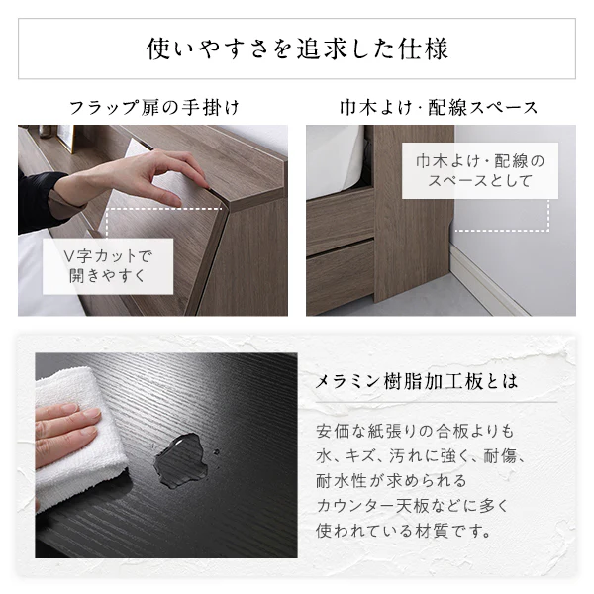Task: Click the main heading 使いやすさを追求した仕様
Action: point(297,49)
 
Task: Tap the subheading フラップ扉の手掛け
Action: point(153,107)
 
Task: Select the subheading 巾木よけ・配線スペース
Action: point(439,107)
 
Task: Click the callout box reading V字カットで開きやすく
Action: point(108,266)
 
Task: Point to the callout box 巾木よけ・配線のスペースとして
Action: point(480,170)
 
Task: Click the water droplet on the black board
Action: point(181,459)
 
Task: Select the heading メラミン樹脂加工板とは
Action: point(417,381)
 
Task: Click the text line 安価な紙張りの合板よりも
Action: point(415,431)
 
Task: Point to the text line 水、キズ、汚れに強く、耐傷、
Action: point(421,456)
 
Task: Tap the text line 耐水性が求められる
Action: point(391,481)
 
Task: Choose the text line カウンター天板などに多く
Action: point(412,506)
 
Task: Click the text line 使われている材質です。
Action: point(404,531)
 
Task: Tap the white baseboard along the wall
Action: point(489,280)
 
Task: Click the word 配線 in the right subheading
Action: point(448,107)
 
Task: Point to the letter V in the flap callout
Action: point(68,256)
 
